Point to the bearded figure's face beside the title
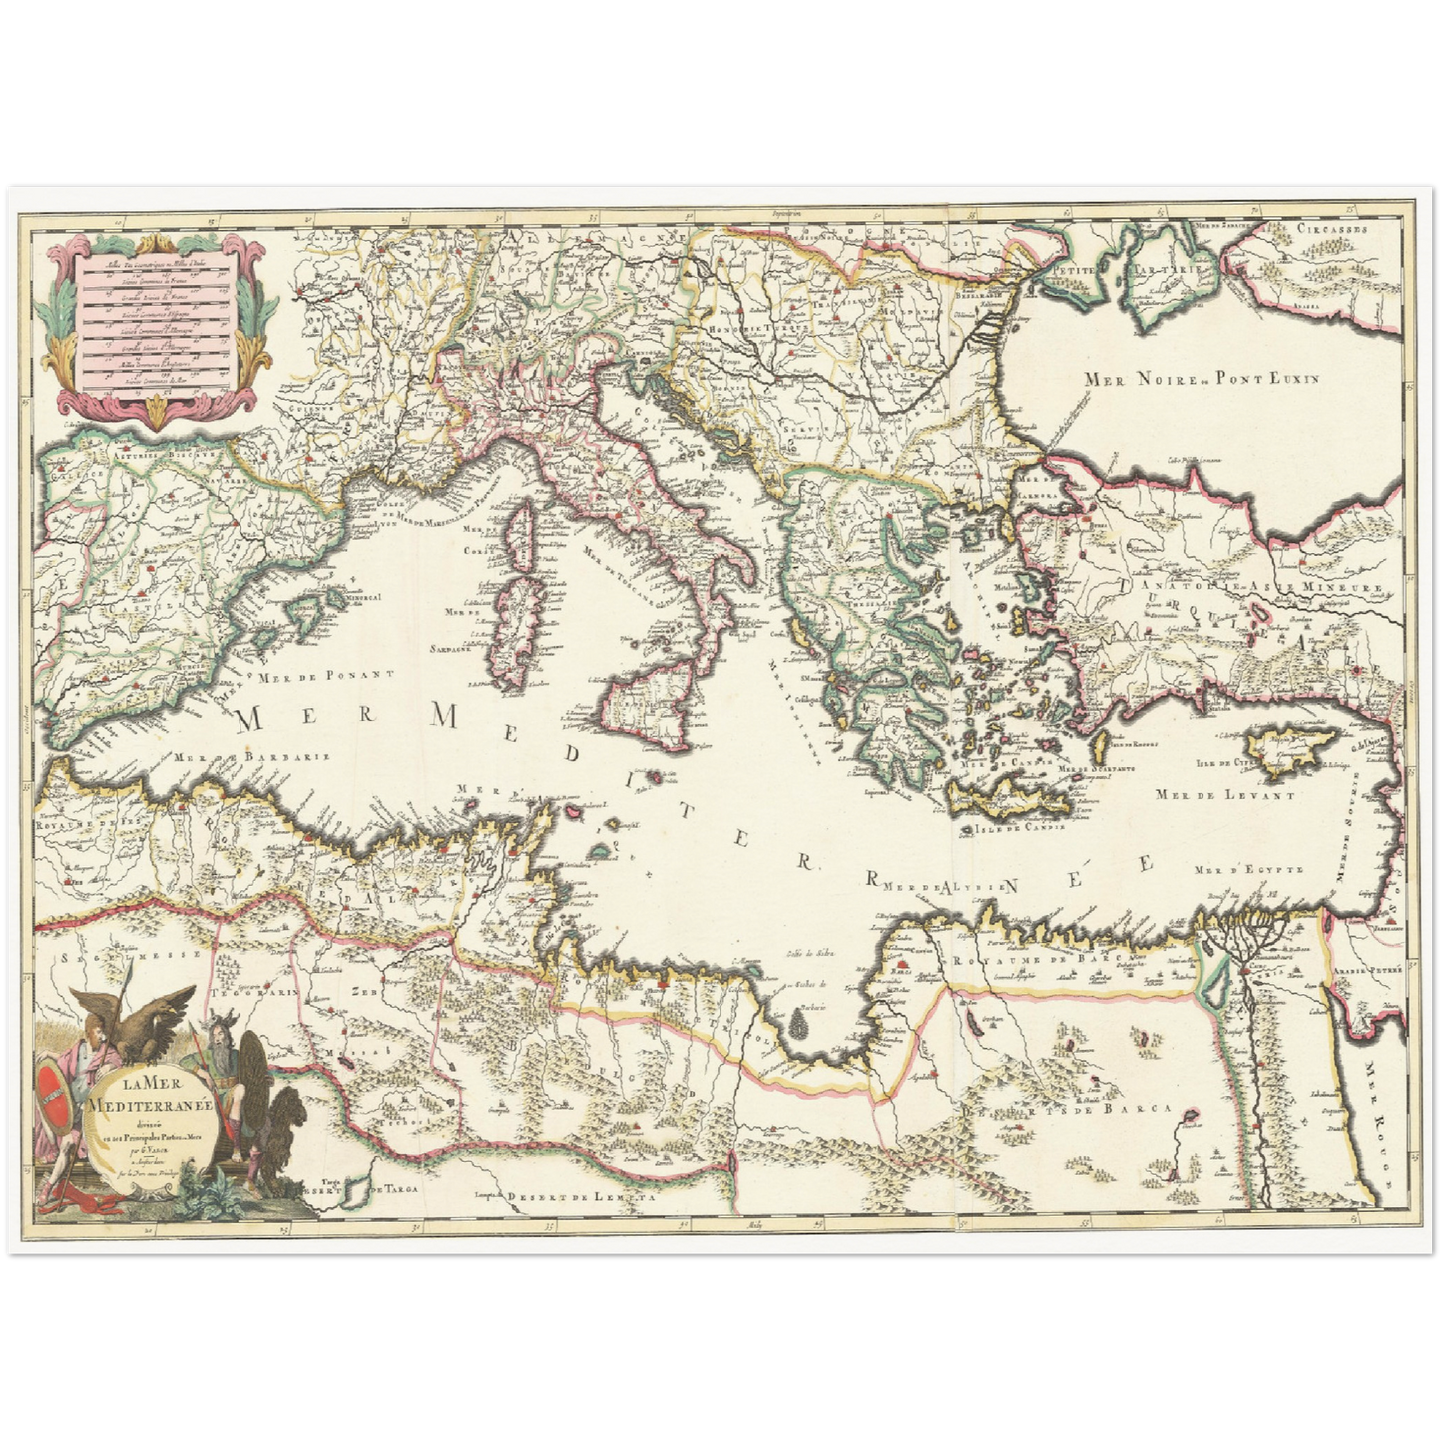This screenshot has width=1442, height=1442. click(x=221, y=1039)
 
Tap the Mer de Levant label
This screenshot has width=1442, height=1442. click(x=1224, y=795)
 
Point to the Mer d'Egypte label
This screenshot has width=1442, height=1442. click(x=1247, y=870)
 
